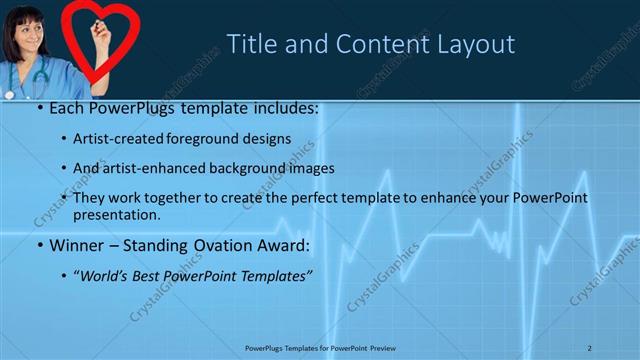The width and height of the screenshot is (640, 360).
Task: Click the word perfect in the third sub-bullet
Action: click(318, 198)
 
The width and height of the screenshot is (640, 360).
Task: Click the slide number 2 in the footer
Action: click(590, 348)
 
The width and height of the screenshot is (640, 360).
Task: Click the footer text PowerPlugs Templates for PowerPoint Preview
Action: click(319, 348)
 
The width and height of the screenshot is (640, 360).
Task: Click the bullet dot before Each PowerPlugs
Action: click(38, 107)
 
